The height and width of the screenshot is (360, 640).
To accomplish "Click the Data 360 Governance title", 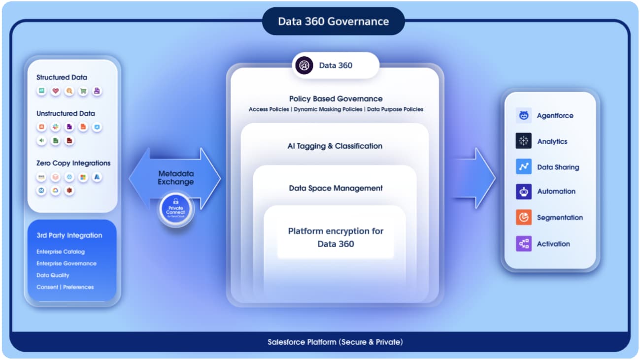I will click(333, 22).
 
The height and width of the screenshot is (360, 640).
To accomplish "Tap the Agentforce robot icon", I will click(524, 116).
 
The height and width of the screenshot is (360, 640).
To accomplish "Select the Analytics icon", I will click(524, 141).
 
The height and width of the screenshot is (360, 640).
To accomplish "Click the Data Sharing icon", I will click(524, 166).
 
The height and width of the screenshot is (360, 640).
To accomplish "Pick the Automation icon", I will click(524, 192).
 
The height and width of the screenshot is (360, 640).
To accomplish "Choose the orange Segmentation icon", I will click(524, 217).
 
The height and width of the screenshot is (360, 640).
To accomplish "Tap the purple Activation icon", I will click(524, 243).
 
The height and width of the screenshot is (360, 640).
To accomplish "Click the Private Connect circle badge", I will click(176, 211).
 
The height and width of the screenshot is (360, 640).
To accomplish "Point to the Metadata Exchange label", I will click(175, 178).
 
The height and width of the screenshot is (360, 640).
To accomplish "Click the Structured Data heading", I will click(62, 77).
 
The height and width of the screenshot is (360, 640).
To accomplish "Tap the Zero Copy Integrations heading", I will click(73, 163).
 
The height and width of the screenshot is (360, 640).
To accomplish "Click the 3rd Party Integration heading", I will click(69, 235).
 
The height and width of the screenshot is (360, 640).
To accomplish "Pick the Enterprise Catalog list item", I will click(61, 252).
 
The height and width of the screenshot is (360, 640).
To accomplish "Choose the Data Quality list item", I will click(53, 275).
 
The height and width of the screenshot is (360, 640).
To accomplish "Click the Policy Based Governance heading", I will click(336, 98).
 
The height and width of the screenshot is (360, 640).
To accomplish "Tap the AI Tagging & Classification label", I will click(335, 146).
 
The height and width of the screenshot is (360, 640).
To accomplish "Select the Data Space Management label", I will click(336, 188).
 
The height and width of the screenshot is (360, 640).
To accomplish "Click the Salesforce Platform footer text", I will click(335, 342).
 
